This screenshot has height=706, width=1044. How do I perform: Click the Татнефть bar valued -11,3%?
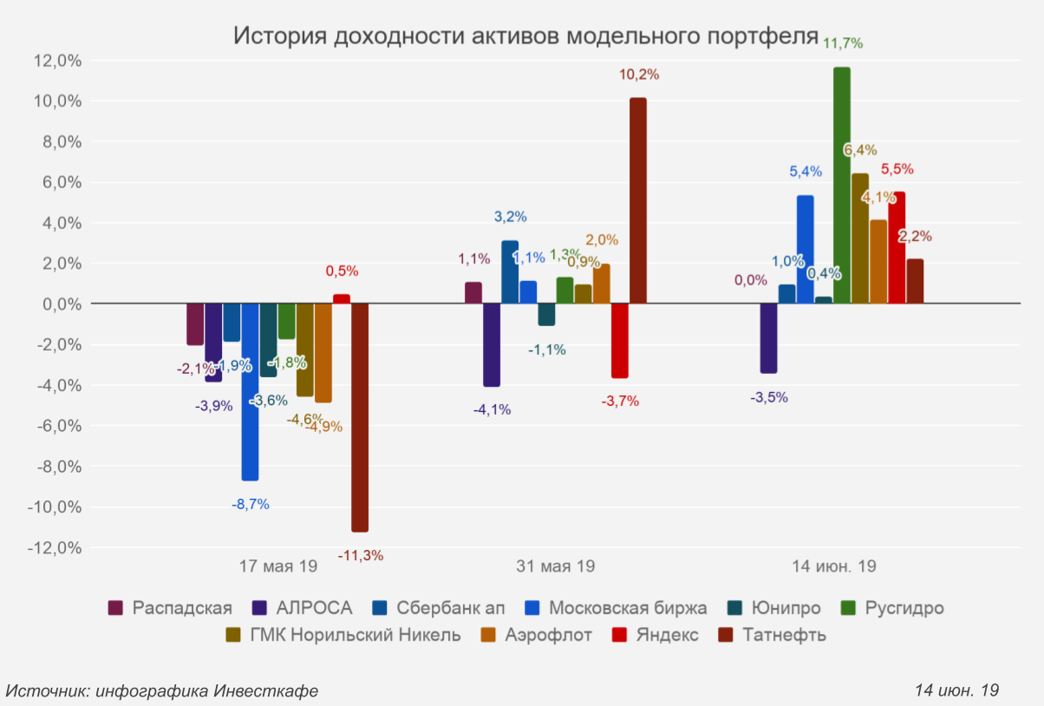[x=360, y=417]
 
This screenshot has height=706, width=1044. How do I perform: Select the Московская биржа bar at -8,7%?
[x=250, y=391]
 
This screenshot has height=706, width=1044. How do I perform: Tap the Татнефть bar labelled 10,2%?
[x=638, y=200]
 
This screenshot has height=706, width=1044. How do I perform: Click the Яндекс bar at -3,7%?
[x=620, y=341]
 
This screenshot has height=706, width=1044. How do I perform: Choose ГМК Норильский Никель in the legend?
[x=343, y=635]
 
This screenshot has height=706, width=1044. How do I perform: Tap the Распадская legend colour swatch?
[x=114, y=608]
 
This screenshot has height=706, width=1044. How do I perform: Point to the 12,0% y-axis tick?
[x=57, y=61]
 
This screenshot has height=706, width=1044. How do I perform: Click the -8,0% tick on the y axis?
[x=57, y=467]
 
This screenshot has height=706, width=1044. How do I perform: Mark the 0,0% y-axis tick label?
[x=60, y=304]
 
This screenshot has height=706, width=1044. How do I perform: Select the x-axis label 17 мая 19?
[x=278, y=566]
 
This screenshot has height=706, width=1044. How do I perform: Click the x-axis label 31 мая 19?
[x=556, y=566]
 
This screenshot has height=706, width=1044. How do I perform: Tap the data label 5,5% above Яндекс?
[x=897, y=170]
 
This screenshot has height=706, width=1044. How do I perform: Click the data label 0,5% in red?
[x=342, y=271]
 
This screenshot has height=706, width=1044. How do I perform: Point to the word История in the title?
[x=279, y=36]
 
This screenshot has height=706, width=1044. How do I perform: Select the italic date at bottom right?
[x=957, y=690]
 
